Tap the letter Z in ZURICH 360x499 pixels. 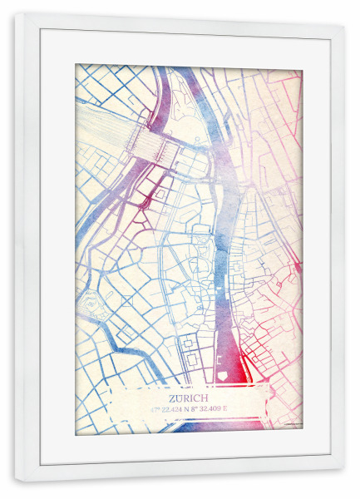tap(171, 398)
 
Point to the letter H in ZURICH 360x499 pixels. tap(208, 398)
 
